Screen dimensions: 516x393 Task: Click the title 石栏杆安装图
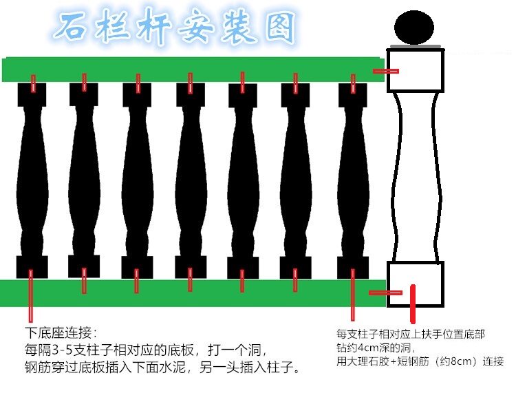point(175,28)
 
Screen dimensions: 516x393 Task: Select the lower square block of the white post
point(416,284)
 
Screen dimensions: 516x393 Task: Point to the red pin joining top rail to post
point(385,71)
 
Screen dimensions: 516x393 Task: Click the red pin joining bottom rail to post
point(385,293)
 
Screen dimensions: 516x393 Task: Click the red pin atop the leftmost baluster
point(32,83)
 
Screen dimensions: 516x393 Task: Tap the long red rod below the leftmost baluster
point(30,296)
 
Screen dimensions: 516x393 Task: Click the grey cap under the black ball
point(416,47)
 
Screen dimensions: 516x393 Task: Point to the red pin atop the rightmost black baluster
point(353,83)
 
